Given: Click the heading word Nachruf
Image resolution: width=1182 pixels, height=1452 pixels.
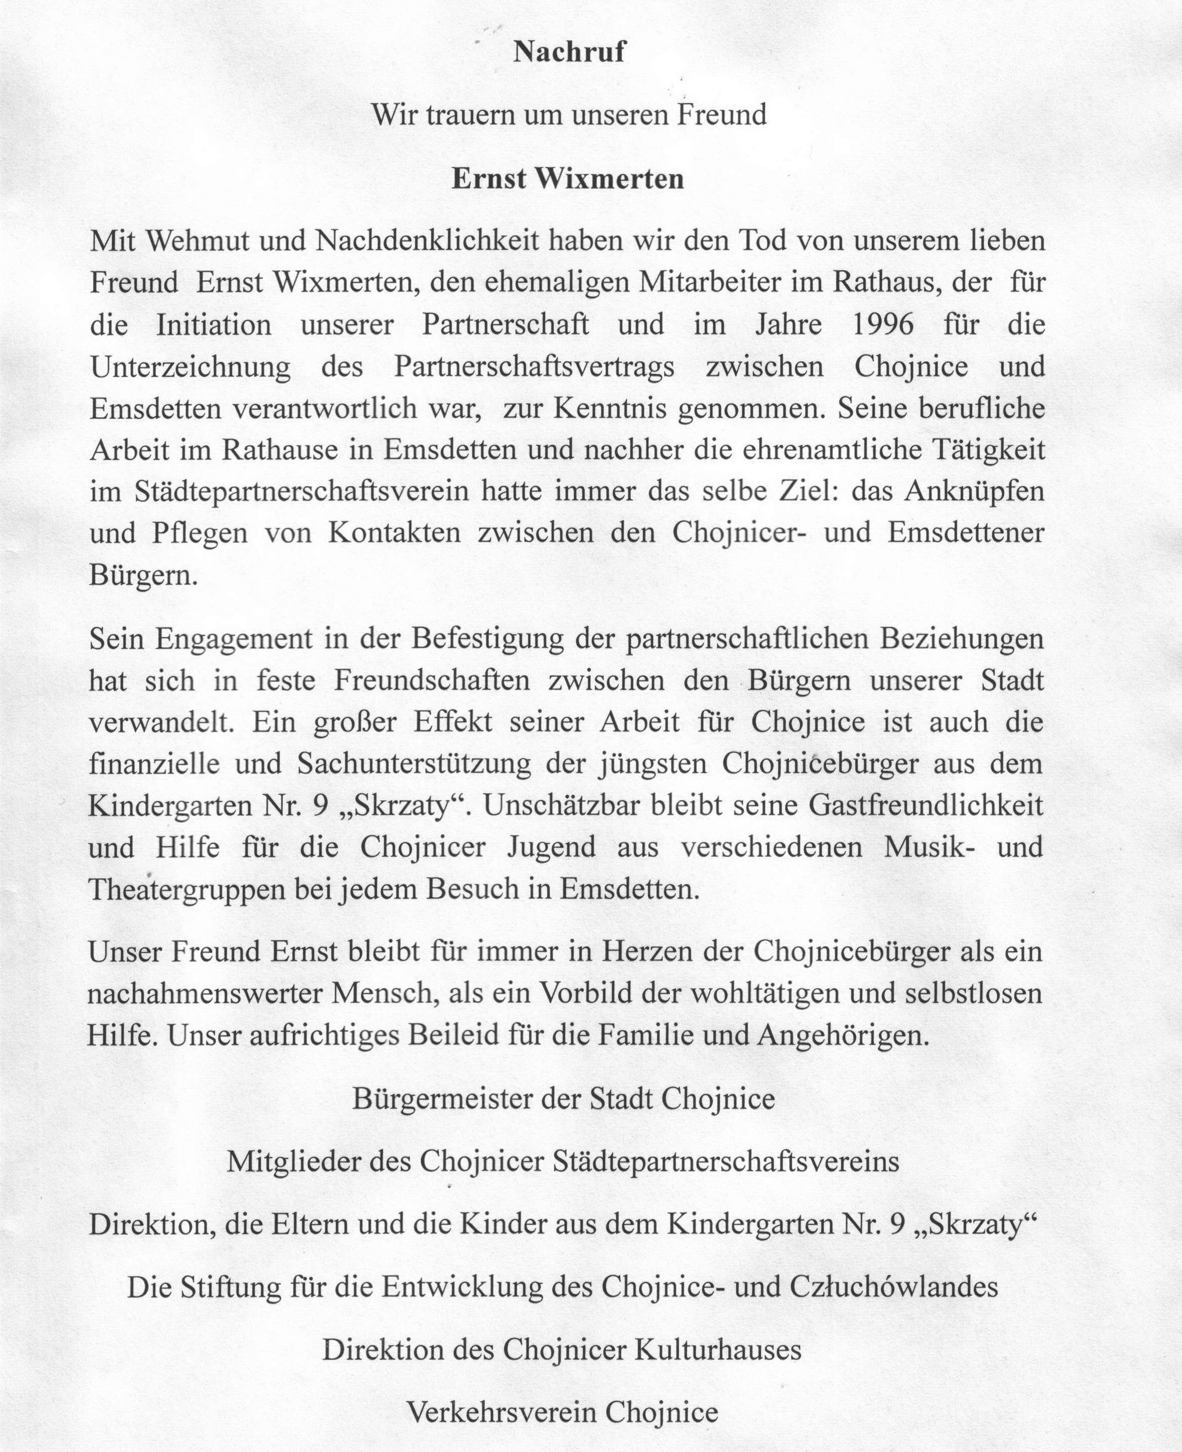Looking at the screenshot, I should [568, 52].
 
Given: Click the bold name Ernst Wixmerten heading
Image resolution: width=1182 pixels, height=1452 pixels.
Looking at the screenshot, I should [568, 179].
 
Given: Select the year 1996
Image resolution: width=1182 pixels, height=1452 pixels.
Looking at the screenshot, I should [883, 325].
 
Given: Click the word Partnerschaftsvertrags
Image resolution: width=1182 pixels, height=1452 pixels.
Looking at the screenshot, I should [535, 367].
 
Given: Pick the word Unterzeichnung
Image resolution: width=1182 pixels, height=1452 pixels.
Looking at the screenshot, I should [190, 367].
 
